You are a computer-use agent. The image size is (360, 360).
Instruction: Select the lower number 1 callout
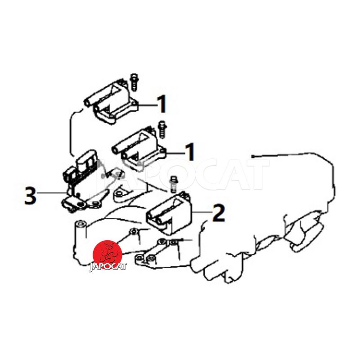tap(190, 152)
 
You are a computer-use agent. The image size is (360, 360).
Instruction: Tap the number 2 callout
tap(218, 213)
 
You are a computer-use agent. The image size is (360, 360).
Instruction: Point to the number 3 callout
tap(31, 195)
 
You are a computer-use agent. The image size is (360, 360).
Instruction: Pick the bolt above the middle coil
tap(162, 129)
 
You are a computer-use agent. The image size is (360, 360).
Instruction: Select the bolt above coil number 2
tap(174, 184)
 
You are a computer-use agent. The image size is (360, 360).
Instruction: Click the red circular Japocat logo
tap(107, 255)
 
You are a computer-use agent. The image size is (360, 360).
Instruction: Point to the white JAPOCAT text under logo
tap(108, 267)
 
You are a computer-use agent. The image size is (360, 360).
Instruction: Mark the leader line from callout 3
tap(51, 193)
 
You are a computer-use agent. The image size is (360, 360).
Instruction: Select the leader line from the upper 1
tap(148, 105)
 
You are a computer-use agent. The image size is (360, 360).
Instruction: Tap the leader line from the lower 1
tap(175, 153)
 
